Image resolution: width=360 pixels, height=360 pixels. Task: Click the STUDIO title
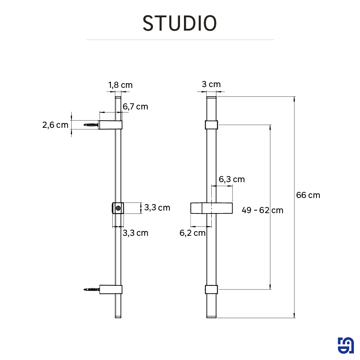180,23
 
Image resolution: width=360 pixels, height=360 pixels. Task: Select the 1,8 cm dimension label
120,85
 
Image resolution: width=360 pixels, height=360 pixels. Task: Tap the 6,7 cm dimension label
135,107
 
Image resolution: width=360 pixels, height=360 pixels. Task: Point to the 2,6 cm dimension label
55,125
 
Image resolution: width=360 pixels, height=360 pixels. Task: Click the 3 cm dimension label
211,84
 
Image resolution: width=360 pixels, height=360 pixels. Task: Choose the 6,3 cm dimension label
232,179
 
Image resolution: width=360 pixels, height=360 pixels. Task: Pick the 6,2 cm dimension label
193,233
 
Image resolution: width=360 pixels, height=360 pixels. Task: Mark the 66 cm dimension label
308,195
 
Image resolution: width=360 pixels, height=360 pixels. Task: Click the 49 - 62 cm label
262,210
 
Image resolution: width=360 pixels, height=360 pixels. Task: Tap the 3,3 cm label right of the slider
157,208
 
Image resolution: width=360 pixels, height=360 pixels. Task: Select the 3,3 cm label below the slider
135,233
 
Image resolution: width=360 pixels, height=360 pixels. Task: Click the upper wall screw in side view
91,125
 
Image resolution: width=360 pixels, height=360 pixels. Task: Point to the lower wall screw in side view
91,289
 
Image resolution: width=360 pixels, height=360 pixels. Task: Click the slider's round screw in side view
118,208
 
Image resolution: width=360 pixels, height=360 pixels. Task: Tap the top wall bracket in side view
111,125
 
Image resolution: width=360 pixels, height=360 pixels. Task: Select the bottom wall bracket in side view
111,289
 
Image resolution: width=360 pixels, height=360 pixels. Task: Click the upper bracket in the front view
212,125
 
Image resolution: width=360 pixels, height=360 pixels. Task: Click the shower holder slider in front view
212,208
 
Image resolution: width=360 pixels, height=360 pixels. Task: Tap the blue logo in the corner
346,346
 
